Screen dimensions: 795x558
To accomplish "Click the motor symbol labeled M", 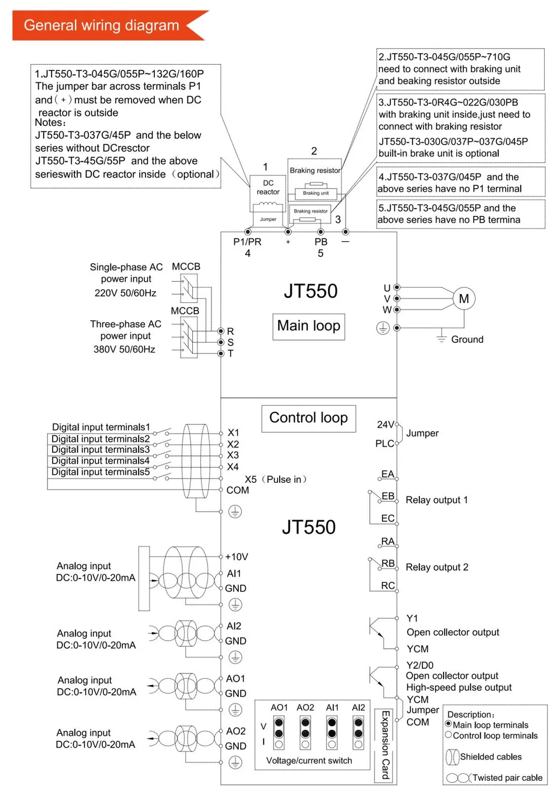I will [464, 299].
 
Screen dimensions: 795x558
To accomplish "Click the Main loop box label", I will [309, 326].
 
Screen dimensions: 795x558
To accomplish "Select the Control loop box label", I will [308, 418].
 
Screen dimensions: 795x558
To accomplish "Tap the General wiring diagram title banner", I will [102, 25].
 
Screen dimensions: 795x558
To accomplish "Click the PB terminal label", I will [321, 242].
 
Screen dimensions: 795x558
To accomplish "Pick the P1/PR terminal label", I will [247, 242].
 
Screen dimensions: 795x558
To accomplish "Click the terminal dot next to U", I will [397, 287].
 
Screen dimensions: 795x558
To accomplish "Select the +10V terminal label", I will [237, 557].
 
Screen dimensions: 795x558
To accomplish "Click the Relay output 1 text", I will [436, 500].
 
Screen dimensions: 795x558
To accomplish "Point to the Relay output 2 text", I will [436, 568].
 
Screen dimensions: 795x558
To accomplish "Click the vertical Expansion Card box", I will [385, 744].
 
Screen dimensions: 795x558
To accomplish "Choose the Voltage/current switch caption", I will [309, 761].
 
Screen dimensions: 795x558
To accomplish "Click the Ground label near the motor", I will [467, 340].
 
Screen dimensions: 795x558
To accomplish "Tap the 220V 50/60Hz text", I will [125, 293].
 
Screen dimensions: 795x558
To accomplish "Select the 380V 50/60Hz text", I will [124, 350].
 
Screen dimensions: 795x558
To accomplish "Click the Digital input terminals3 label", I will [100, 450].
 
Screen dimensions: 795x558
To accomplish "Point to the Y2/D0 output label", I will [420, 665].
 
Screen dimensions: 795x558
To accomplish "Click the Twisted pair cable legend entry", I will [507, 778].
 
